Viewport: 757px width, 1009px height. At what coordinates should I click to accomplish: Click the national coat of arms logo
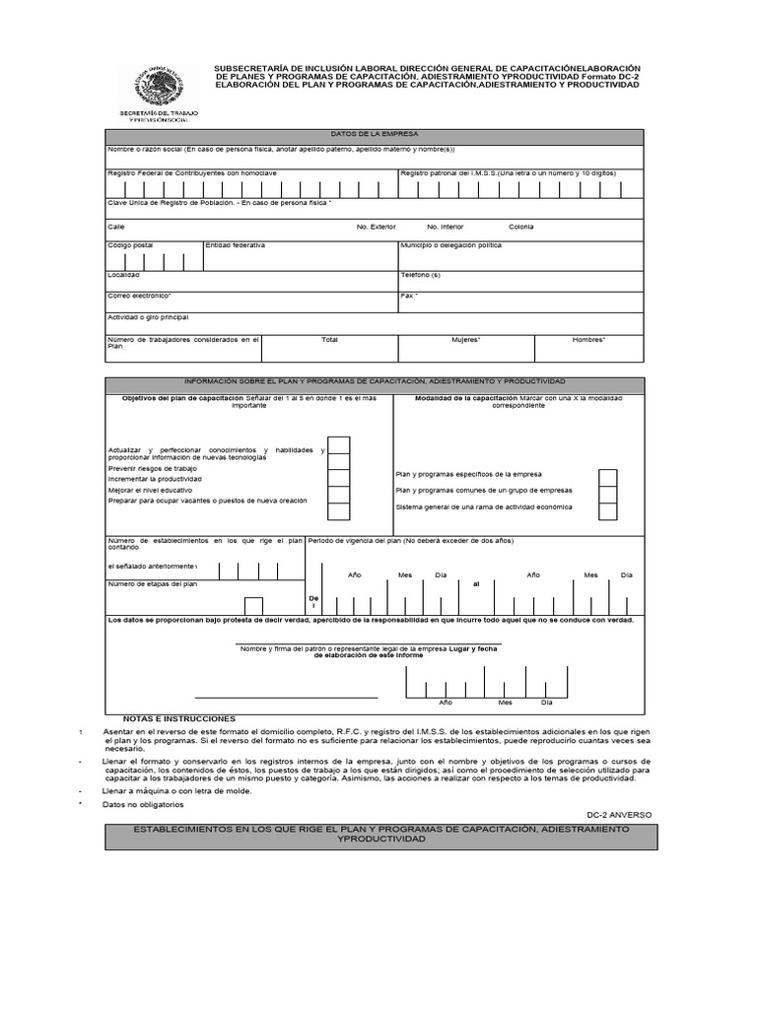[152, 87]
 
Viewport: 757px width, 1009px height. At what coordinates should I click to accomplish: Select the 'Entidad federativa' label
[235, 244]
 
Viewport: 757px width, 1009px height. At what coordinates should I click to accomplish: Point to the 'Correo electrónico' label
[139, 295]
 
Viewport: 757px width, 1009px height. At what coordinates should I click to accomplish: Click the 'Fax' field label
[409, 295]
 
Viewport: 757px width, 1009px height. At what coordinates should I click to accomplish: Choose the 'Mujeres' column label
[466, 339]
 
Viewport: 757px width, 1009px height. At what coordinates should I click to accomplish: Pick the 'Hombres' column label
[589, 339]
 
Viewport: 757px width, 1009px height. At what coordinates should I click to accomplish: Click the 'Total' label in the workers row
[329, 339]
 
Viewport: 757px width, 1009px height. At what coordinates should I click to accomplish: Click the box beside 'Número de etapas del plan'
[253, 606]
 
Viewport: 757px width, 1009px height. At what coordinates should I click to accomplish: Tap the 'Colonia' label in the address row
[521, 227]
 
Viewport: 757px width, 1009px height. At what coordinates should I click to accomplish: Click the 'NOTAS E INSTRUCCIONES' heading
[178, 718]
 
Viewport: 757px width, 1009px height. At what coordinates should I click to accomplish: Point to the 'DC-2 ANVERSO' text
[619, 815]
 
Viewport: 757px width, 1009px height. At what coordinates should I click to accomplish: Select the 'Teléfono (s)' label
[420, 275]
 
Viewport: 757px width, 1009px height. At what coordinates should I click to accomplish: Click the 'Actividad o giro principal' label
[148, 317]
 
